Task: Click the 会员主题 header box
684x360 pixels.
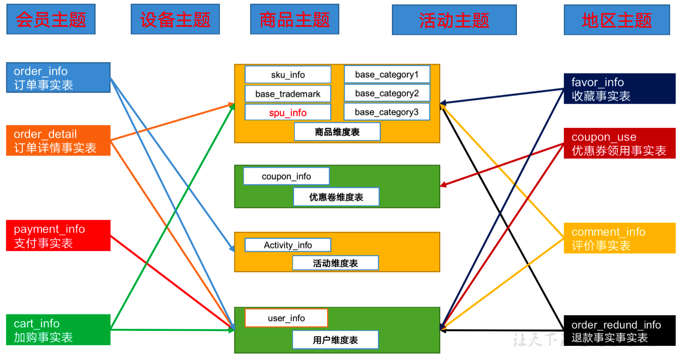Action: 51,19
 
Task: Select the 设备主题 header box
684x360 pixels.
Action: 175,19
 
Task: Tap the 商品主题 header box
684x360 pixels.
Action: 294,19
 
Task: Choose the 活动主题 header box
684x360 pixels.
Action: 454,20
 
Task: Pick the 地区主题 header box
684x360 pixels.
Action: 616,20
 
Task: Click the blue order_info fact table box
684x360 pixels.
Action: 58,78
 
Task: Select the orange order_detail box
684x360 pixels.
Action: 58,140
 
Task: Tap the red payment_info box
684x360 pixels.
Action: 58,235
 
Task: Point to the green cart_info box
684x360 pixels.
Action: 58,330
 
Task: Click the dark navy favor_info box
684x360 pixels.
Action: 619,88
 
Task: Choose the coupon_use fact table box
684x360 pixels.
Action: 619,143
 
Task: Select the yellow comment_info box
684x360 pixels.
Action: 619,238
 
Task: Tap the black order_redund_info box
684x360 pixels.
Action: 619,331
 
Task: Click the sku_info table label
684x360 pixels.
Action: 288,75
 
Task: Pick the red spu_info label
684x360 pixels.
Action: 288,112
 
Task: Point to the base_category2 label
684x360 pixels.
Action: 387,94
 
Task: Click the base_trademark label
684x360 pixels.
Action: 288,94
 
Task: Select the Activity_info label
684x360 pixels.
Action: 288,245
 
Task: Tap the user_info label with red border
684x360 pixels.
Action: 286,318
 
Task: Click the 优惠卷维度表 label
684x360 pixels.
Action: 336,197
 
